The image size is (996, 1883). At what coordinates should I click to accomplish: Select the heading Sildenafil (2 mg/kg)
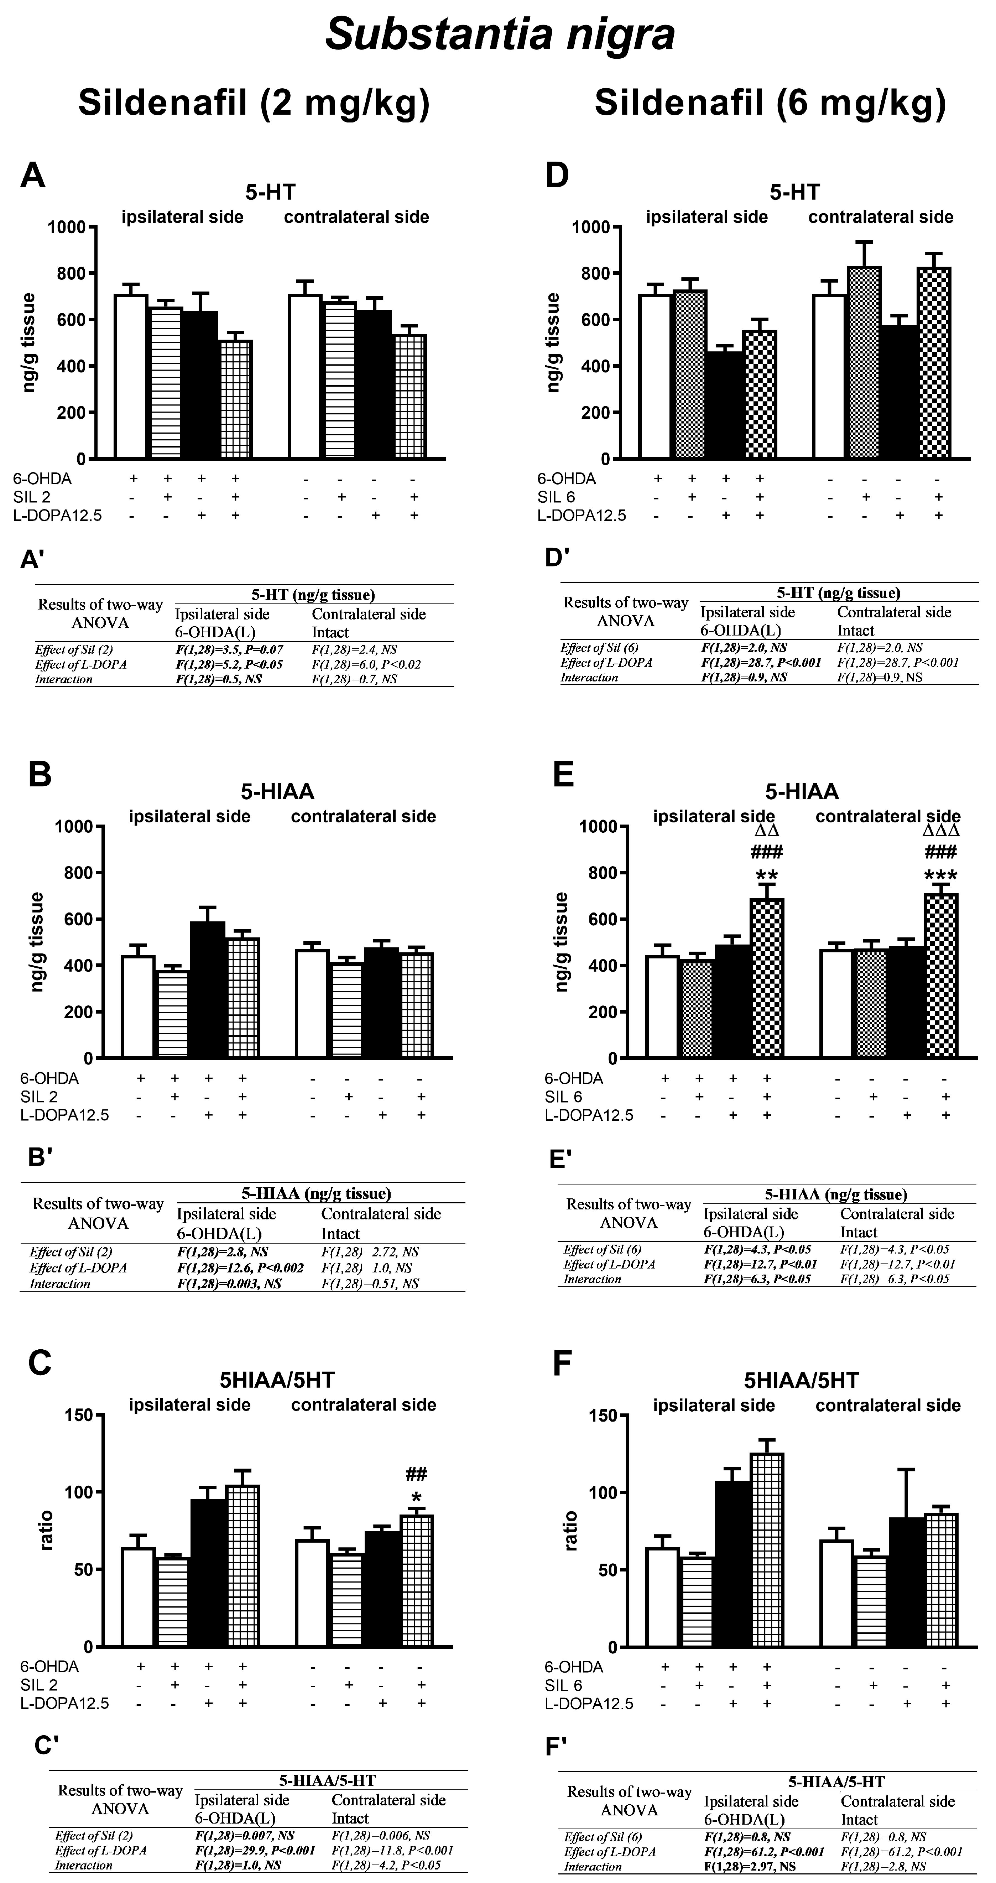(x=254, y=103)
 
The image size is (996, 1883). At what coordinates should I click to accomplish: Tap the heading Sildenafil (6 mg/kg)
(x=770, y=103)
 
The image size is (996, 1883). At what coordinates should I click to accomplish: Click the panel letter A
(x=33, y=176)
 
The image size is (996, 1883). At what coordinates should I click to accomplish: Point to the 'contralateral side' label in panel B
(x=364, y=816)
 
